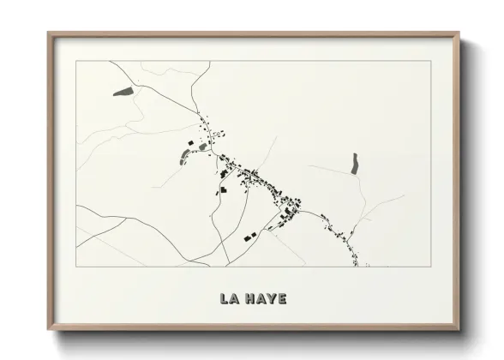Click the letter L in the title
(x=224, y=299)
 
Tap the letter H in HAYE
(x=249, y=299)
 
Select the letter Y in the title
(x=272, y=299)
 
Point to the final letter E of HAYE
(x=283, y=299)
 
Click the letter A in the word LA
(x=235, y=299)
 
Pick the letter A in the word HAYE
(x=261, y=299)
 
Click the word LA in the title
(x=229, y=299)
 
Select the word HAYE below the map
(x=266, y=299)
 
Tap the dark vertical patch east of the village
(x=354, y=163)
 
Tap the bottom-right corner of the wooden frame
(x=459, y=329)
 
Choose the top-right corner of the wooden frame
(x=459, y=34)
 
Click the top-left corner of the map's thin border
(x=76, y=61)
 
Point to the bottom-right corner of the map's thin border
(x=429, y=267)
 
